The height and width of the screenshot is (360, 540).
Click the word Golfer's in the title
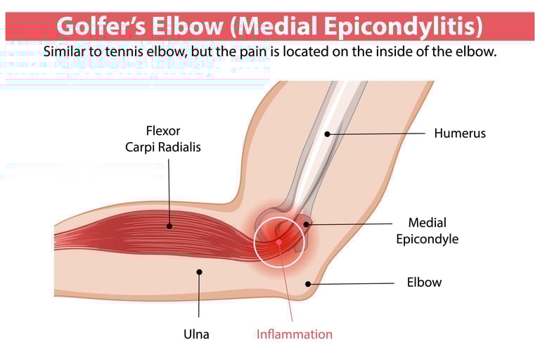coord(101,26)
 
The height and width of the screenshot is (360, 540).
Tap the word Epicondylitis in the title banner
coord(403,27)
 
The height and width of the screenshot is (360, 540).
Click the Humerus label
coord(460,134)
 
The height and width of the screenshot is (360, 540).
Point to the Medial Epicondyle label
coord(427,231)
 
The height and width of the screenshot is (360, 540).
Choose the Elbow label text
coord(424,283)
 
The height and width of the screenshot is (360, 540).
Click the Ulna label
coord(196,334)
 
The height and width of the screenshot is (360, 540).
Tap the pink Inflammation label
coord(295,334)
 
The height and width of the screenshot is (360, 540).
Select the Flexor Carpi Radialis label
coord(163,139)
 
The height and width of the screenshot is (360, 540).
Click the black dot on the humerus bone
coord(328,134)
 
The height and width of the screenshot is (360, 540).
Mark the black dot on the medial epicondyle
coord(306,224)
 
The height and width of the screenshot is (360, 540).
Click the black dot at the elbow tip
coord(308,284)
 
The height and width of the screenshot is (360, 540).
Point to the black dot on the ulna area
coord(199,272)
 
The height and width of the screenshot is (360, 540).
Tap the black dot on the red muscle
coord(169,226)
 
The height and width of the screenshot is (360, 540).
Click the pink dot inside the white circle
coord(279,242)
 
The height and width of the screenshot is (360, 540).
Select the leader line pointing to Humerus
coord(376,134)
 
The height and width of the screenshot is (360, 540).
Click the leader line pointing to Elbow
coord(351,283)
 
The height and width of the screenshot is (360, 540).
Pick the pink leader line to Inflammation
coord(285,281)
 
